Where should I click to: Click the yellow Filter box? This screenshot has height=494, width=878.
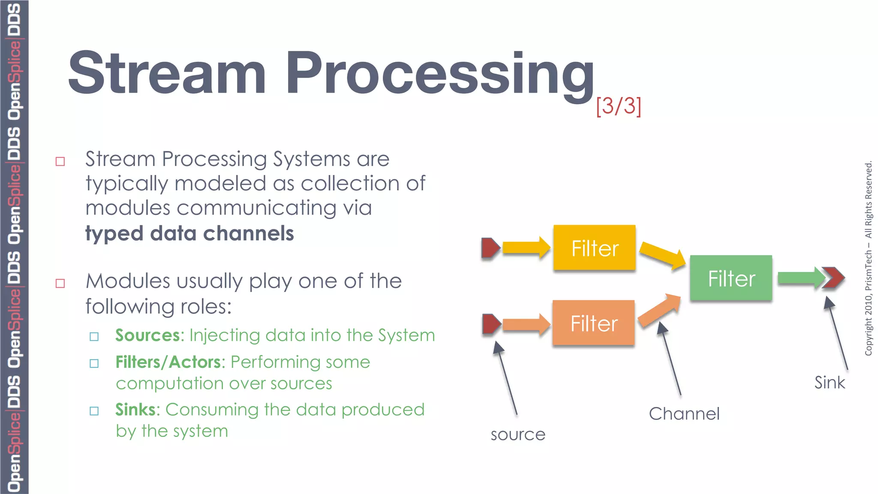[594, 247]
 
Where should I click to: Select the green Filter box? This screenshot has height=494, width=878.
[731, 278]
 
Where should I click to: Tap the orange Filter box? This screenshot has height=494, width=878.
[593, 322]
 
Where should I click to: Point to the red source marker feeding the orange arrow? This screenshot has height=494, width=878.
[491, 324]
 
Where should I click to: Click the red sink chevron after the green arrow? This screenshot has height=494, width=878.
[834, 278]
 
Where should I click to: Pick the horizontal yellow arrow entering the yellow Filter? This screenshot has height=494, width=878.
[526, 247]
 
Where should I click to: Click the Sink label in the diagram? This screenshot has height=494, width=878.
[830, 383]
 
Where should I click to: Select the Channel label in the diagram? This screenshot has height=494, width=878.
[684, 414]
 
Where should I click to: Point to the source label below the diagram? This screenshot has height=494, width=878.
[518, 435]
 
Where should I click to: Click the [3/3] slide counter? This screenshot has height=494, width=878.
[618, 105]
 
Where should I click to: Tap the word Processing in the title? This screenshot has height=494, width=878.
[439, 73]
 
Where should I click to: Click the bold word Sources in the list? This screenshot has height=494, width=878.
[147, 335]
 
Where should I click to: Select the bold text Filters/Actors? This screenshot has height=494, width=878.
[168, 362]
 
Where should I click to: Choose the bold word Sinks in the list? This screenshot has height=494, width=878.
[135, 410]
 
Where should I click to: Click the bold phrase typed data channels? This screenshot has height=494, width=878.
[189, 234]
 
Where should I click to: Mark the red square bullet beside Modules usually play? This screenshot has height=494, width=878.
[60, 283]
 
